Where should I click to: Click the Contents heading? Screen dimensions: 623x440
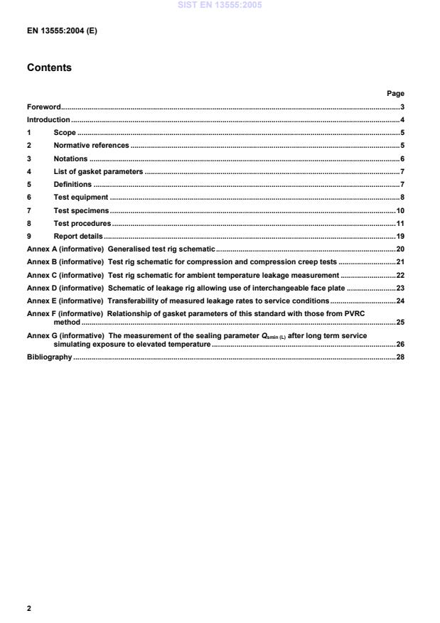pos(49,68)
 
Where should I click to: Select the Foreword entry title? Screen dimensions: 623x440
pos(43,107)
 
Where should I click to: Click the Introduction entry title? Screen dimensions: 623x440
pos(48,119)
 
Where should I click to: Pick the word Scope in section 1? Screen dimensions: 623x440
pos(65,133)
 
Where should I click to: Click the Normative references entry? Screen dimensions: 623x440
pos(91,146)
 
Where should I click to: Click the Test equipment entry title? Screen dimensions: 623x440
pos(81,197)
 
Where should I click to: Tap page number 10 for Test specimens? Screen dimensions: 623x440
pos(399,210)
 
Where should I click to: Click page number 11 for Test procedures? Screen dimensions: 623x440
pos(399,223)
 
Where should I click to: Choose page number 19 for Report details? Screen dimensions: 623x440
pos(399,236)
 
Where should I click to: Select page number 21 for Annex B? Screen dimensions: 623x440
pos(399,261)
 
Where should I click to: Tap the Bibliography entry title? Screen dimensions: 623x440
pos(49,357)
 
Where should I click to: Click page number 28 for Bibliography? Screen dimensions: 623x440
pos(399,357)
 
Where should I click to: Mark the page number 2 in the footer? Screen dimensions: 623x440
pos(28,609)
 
